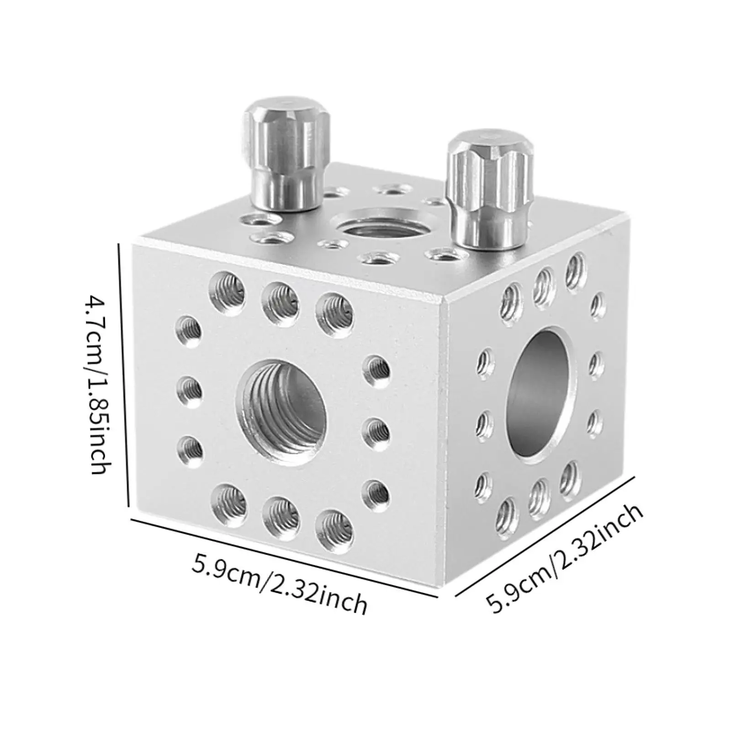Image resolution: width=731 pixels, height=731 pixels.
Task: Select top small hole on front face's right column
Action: tap(378, 369)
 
